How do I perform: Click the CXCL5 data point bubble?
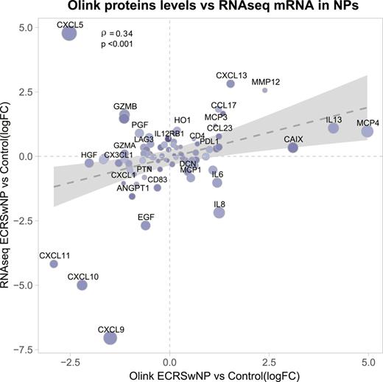69,33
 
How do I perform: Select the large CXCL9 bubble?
110,337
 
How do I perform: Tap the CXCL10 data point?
82,285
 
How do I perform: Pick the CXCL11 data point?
54,264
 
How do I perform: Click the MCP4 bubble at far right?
367,131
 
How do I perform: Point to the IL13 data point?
334,128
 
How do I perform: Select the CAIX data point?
292,147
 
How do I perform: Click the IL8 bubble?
219,212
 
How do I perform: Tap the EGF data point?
146,226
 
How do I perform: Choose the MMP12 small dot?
265,90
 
